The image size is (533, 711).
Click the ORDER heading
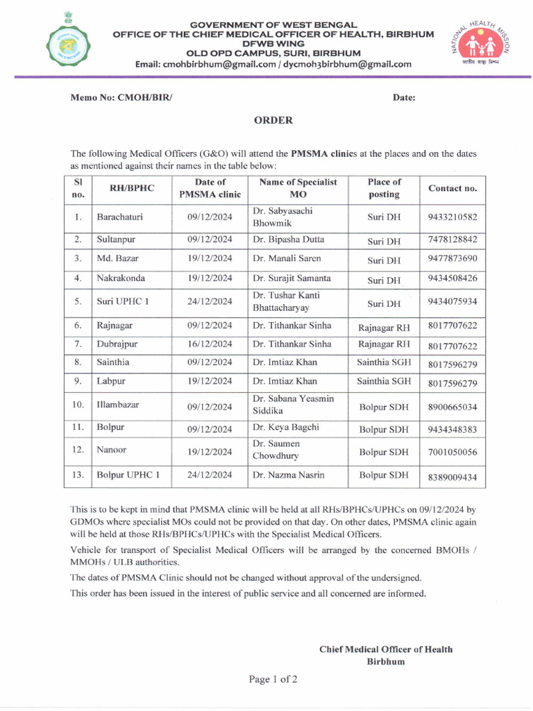pos(273,120)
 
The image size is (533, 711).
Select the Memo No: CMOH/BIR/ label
pos(121,98)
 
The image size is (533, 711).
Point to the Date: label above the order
pos(404,98)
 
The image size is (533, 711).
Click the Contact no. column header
pos(452,188)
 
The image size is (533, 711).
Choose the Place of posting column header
pos(384,188)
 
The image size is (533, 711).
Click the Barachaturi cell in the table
pos(120,217)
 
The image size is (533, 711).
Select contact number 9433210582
pos(452,217)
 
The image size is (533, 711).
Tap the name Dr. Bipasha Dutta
pos(288,240)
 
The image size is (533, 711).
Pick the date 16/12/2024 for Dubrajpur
pos(210,344)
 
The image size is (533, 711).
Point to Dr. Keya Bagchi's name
pos(286,428)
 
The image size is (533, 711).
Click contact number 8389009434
pos(452,477)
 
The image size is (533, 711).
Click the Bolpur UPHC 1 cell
pos(128,476)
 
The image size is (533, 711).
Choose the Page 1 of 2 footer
pos(273,679)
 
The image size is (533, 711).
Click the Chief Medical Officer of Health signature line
pos(385,649)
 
